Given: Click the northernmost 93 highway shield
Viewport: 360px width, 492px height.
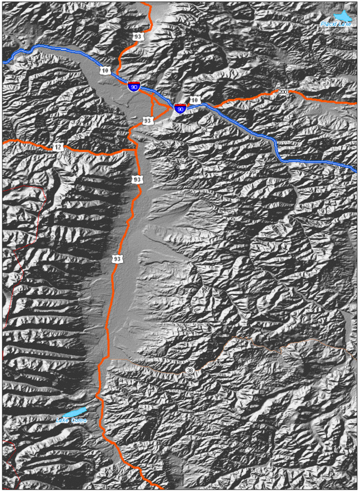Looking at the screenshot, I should pyautogui.click(x=138, y=37).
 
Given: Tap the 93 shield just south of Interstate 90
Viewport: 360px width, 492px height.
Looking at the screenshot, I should pyautogui.click(x=148, y=121).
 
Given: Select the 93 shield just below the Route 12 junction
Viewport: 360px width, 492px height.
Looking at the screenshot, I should pyautogui.click(x=137, y=180).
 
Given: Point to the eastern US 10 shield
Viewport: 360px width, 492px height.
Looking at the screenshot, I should pyautogui.click(x=194, y=100).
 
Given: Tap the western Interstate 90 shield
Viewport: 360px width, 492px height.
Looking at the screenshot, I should pyautogui.click(x=134, y=86).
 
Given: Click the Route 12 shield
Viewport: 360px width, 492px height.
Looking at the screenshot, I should pyautogui.click(x=57, y=147).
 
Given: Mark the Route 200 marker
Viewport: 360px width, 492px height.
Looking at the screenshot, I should pyautogui.click(x=283, y=92).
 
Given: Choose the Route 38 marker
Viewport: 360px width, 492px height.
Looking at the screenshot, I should pyautogui.click(x=190, y=370).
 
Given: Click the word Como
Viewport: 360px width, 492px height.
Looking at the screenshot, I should pyautogui.click(x=78, y=421).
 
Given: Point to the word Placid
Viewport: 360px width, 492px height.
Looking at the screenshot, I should pyautogui.click(x=330, y=23).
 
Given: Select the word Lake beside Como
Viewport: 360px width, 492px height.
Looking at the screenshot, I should pyautogui.click(x=62, y=421).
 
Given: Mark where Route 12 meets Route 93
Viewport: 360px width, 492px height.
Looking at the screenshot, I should pyautogui.click(x=136, y=149).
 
